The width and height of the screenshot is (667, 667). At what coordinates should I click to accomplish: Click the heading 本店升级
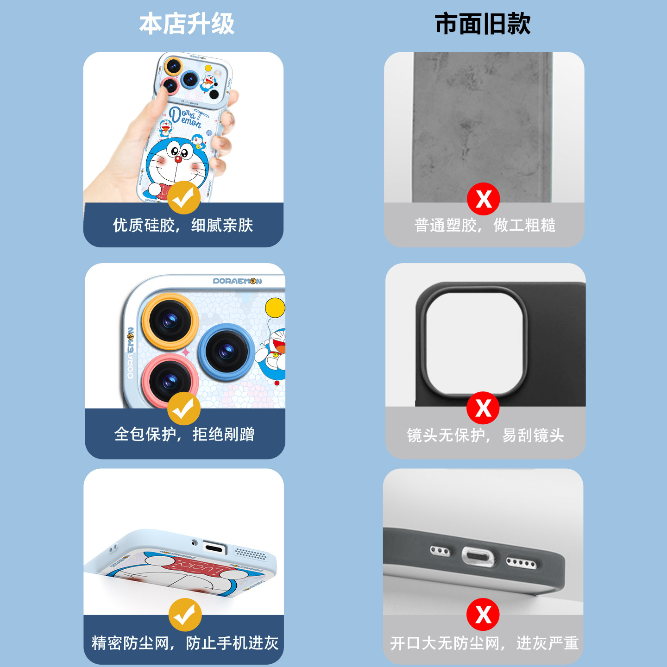[x=187, y=24]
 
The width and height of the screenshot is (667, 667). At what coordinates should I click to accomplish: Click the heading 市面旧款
[x=483, y=24]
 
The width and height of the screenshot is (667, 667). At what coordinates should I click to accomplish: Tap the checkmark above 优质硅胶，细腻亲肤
[x=184, y=198]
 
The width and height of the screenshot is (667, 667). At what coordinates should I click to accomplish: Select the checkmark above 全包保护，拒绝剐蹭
[x=184, y=409]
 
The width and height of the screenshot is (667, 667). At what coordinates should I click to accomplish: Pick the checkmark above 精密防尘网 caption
[x=185, y=615]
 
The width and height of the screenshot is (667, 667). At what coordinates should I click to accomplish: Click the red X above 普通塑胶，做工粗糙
[x=483, y=199]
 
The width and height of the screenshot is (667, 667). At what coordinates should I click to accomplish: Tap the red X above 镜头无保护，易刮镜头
[x=483, y=408]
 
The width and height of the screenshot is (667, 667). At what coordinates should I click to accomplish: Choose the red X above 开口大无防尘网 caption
[x=483, y=615]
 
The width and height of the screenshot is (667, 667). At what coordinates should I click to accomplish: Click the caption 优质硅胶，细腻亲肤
[x=183, y=226]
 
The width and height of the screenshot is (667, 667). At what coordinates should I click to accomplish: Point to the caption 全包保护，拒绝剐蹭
[x=184, y=434]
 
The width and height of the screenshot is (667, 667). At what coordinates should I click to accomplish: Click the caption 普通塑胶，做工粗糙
[x=485, y=226]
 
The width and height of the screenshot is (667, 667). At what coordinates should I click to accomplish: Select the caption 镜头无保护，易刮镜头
[x=485, y=435]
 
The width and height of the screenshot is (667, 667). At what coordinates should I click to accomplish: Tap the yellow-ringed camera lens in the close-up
[x=170, y=321]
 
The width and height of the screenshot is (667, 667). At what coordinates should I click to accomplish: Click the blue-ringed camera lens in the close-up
[x=226, y=352]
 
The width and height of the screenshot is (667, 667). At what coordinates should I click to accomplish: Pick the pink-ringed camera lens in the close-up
[x=170, y=381]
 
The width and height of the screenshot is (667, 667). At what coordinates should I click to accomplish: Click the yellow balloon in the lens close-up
[x=275, y=308]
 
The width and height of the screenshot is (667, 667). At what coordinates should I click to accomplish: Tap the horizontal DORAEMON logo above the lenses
[x=237, y=281]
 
